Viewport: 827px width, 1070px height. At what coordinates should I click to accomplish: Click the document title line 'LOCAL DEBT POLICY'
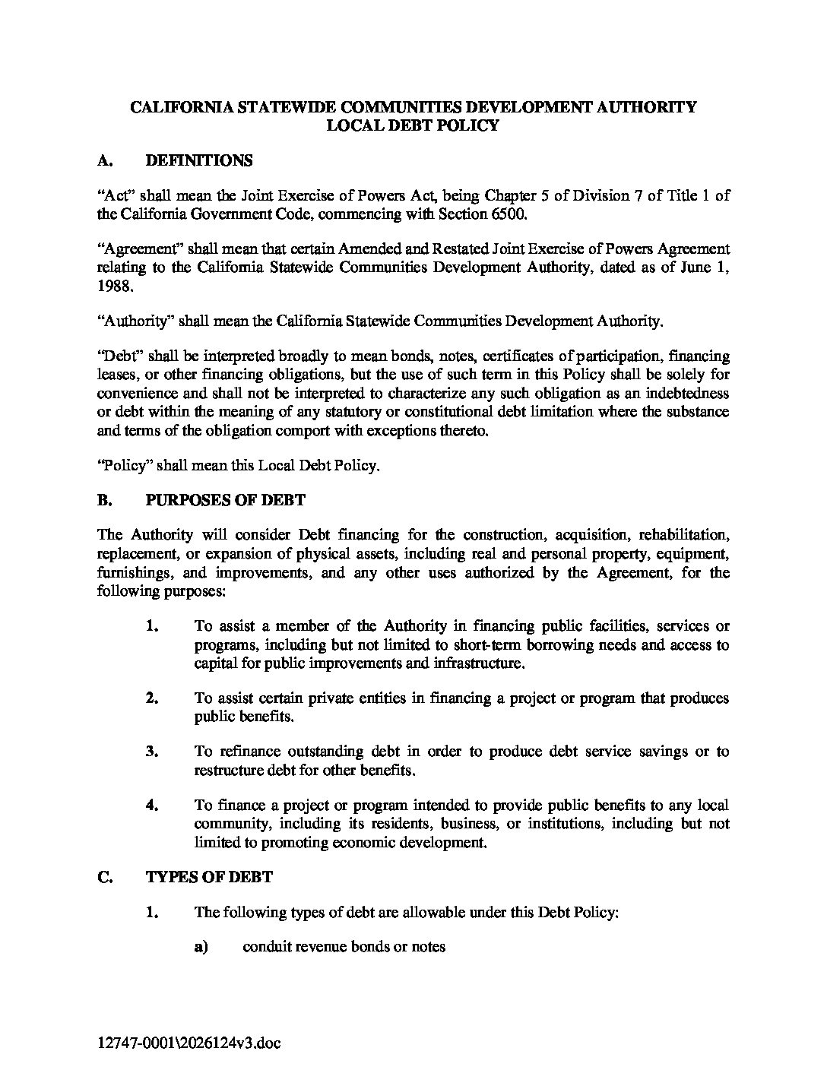pos(413,125)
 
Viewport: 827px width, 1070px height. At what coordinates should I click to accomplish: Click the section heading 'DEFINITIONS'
pos(198,160)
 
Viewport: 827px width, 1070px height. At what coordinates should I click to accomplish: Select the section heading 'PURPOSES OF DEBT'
pos(225,500)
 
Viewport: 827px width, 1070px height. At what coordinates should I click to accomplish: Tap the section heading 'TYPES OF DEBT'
pos(209,877)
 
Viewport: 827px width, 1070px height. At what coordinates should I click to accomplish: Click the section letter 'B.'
pos(105,500)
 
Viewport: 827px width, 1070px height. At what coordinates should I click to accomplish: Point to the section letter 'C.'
pos(106,877)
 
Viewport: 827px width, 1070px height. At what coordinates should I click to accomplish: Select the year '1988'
pos(114,286)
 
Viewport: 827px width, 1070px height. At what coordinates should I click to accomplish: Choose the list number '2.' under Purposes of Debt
pos(152,698)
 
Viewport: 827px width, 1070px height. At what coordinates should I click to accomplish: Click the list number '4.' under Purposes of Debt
pos(152,806)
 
